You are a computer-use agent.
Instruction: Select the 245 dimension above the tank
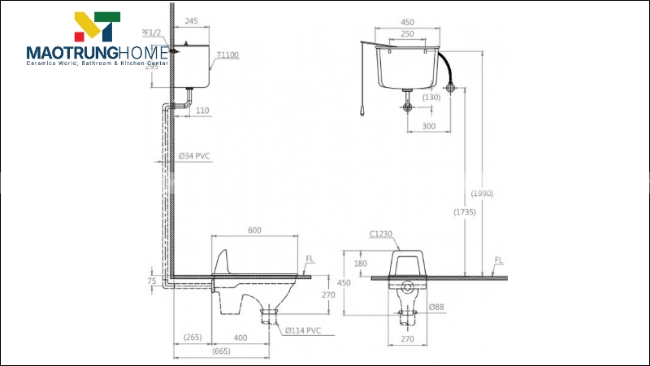click(193, 22)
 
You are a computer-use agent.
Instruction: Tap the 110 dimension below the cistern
click(202, 110)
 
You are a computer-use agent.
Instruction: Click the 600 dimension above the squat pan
click(254, 230)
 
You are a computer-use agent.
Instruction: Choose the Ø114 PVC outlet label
click(304, 330)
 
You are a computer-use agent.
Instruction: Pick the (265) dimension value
click(193, 337)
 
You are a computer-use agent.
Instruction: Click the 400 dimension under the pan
click(240, 337)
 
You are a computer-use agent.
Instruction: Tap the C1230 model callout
click(381, 234)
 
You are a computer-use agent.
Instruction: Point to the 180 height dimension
click(361, 264)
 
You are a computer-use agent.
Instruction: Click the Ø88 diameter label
click(435, 307)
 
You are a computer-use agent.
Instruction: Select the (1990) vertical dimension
click(481, 194)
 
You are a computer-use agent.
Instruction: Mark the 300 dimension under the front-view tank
click(428, 126)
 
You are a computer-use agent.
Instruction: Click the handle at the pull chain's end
click(360, 114)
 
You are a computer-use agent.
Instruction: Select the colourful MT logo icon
click(97, 27)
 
